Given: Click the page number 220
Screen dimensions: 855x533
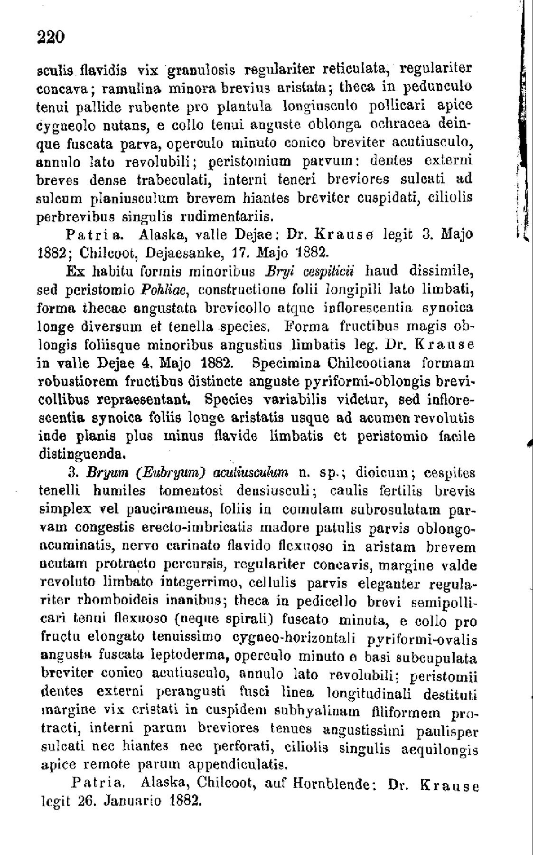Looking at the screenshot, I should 50,37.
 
